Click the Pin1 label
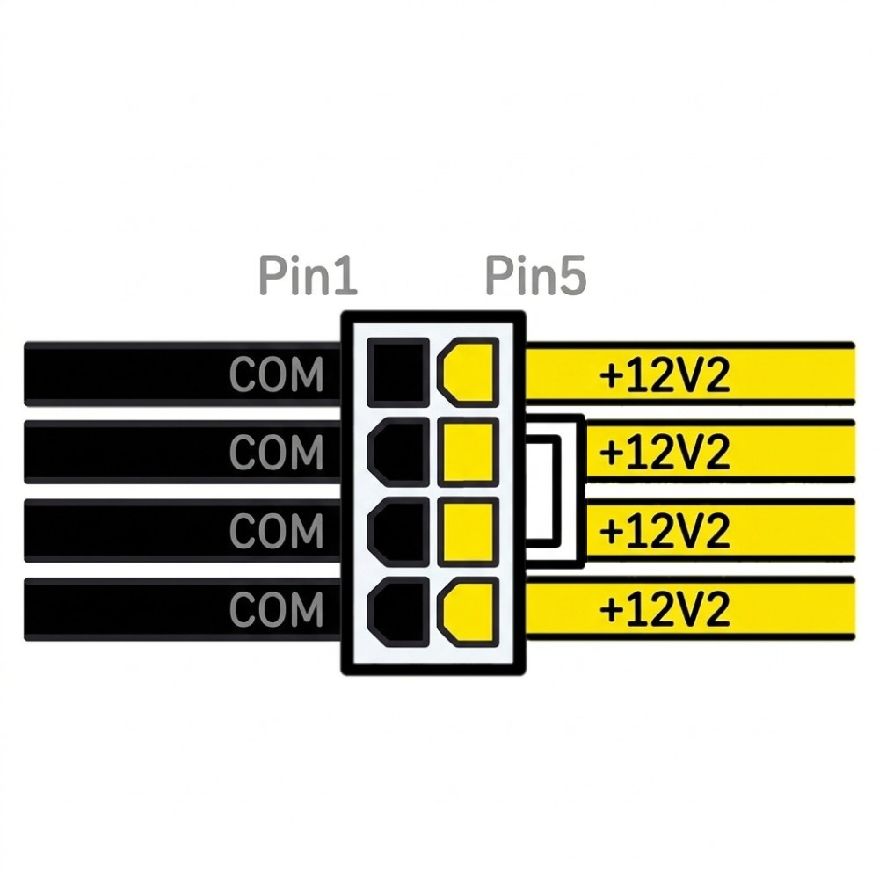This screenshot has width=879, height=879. [308, 276]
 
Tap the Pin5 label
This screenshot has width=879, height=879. [535, 276]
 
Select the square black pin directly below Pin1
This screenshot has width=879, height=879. [398, 372]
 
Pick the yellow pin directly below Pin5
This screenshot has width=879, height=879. [469, 372]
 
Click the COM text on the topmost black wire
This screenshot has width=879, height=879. [276, 374]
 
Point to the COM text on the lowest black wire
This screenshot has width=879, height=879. [276, 609]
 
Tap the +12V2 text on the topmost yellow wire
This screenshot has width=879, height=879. [665, 374]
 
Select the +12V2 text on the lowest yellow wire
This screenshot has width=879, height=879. [665, 609]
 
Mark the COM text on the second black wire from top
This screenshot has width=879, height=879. [276, 452]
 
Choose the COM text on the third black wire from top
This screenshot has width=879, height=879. [276, 530]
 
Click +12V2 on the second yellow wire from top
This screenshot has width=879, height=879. [665, 452]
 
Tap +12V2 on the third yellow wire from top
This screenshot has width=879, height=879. [665, 530]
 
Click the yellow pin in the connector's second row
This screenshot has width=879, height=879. [469, 452]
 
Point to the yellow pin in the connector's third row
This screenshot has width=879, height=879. [469, 532]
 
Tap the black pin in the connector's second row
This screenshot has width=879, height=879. [398, 452]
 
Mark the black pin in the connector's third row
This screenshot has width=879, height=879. [398, 532]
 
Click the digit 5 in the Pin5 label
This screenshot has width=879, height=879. [572, 276]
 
